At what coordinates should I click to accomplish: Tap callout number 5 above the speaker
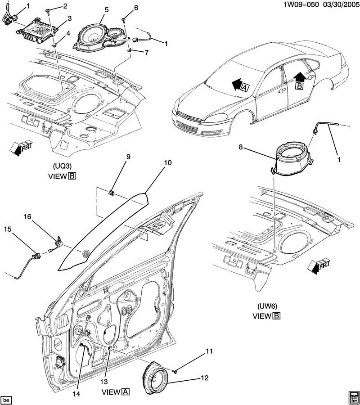pos(106,9)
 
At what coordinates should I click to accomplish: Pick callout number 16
pos(28,217)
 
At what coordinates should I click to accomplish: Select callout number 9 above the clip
pos(128,157)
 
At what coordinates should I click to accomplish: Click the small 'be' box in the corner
pos(6,399)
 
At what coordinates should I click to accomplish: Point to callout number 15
pos(7,229)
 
